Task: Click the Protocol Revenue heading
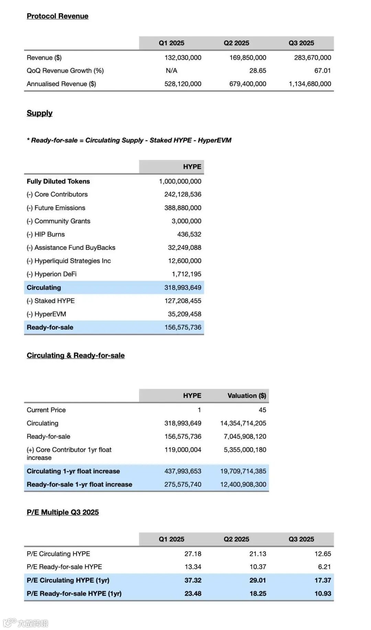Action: pyautogui.click(x=57, y=16)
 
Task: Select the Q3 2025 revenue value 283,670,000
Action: pyautogui.click(x=312, y=58)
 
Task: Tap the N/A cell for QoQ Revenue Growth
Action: pyautogui.click(x=171, y=71)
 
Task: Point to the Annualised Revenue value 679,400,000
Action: pyautogui.click(x=248, y=84)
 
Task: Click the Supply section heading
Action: pyautogui.click(x=40, y=113)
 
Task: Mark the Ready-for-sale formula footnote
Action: pyautogui.click(x=129, y=140)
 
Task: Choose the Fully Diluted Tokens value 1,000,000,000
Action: pyautogui.click(x=180, y=181)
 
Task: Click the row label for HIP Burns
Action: pyautogui.click(x=46, y=234)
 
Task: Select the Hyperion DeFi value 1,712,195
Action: pyautogui.click(x=187, y=274)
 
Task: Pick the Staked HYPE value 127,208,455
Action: pyautogui.click(x=183, y=301)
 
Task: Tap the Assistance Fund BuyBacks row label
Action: pyautogui.click(x=71, y=248)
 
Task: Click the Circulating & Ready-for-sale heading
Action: pyautogui.click(x=76, y=356)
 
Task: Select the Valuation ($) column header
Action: pyautogui.click(x=247, y=396)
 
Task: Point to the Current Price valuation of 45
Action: pyautogui.click(x=262, y=410)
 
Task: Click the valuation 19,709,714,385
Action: pyautogui.click(x=243, y=471)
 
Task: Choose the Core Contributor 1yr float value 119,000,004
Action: pyautogui.click(x=183, y=450)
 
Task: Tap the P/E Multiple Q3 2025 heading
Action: pyautogui.click(x=63, y=512)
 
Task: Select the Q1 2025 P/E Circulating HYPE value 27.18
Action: pyautogui.click(x=193, y=554)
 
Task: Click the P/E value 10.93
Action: pyautogui.click(x=323, y=594)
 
